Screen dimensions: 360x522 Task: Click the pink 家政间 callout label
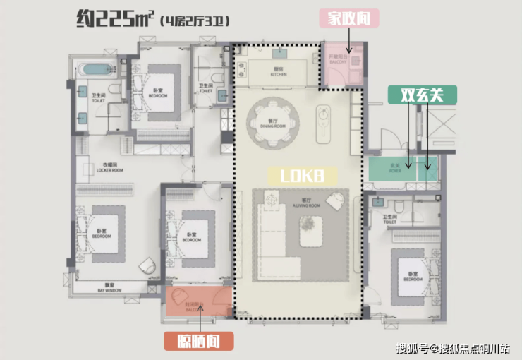coord(349,18)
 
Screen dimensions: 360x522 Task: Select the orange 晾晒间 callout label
coord(200,341)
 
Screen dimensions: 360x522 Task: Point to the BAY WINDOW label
coord(109,289)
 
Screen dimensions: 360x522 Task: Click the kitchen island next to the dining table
coord(324,123)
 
